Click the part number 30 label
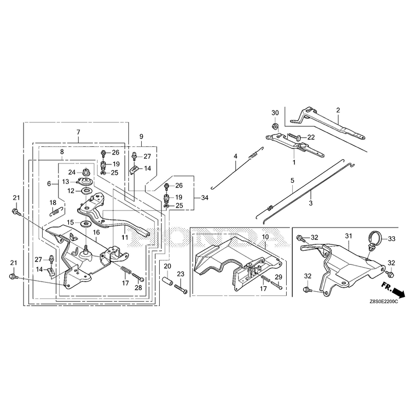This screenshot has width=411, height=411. point(275,113)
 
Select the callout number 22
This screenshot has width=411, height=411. point(311,137)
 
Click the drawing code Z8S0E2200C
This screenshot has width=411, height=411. point(383,302)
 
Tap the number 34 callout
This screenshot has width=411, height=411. point(204,198)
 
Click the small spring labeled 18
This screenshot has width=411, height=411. point(56,211)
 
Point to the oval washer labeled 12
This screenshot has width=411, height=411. point(86,191)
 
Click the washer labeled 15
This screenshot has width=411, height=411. point(85,223)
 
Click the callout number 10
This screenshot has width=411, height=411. point(265,237)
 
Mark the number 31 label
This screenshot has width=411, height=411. point(348,236)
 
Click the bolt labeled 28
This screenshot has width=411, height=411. point(138,277)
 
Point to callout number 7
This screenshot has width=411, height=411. point(78,132)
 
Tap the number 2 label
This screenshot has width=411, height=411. point(338,110)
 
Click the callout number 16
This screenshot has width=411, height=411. point(96,232)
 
